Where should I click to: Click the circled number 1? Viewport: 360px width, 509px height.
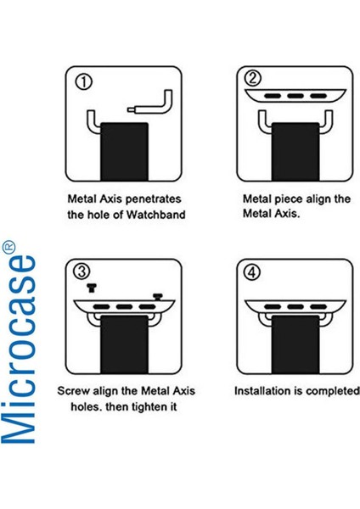83,82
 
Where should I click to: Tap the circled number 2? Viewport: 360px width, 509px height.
253,78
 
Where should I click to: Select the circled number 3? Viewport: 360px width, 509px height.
82,271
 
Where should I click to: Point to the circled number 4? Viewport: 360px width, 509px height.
252,272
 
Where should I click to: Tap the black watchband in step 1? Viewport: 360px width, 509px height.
124,151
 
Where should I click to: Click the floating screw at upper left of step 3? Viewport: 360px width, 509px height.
92,288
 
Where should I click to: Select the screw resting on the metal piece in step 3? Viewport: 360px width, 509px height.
158,297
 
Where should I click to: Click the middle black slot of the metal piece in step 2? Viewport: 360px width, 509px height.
295,96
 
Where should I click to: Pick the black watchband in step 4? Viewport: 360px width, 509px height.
295,344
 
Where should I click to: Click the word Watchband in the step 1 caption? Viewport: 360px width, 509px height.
155,215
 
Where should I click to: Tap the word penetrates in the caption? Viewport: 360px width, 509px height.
153,199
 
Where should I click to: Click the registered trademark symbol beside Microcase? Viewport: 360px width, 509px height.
8,246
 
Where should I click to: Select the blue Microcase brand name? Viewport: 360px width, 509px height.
19,350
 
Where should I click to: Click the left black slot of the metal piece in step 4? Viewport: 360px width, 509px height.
273,307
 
